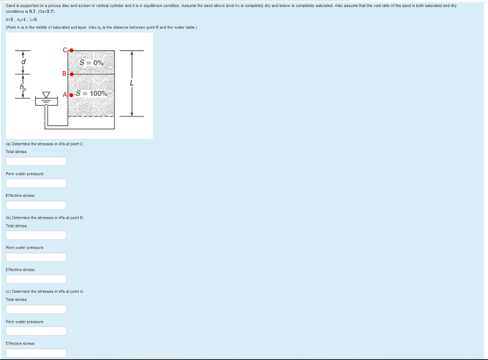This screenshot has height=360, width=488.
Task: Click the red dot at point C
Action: click(71, 50)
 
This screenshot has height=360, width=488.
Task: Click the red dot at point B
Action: click(71, 74)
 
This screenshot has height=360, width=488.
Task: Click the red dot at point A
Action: click(71, 95)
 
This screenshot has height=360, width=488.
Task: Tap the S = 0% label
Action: click(91, 62)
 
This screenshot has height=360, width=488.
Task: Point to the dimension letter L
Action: click(132, 83)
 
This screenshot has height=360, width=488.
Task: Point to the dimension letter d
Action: click(23, 62)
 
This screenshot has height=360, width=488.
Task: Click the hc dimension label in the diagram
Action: click(23, 87)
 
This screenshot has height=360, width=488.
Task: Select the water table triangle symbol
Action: click(46, 95)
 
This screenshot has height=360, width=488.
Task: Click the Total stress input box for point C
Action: click(36, 161)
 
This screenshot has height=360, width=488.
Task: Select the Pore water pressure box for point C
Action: click(36, 183)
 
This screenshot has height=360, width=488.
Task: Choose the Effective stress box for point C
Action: click(36, 205)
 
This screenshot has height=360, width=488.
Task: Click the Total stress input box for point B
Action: click(36, 235)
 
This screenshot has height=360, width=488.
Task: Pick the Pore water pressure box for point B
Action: click(36, 257)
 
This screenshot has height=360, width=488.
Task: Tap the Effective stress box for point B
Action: click(36, 279)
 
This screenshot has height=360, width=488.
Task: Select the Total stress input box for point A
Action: click(36, 309)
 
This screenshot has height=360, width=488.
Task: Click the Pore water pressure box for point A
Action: click(36, 331)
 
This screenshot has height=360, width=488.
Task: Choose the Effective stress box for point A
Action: click(36, 353)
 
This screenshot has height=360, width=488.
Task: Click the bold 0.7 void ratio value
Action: click(32, 11)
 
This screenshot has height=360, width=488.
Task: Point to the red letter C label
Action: click(65, 50)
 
